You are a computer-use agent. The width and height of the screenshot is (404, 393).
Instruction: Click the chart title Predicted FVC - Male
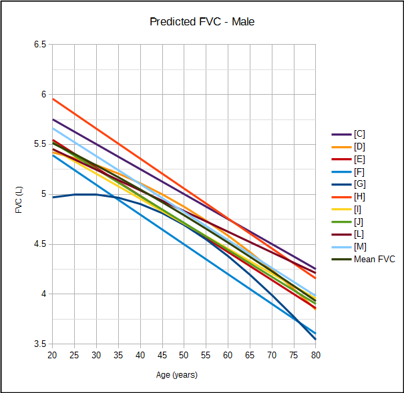coord(202,22)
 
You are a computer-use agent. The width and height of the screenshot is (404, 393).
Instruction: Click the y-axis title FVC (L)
coord(19,194)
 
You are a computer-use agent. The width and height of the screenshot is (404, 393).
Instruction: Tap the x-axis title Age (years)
coord(177,375)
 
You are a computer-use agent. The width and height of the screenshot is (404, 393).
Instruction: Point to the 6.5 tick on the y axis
coord(40,45)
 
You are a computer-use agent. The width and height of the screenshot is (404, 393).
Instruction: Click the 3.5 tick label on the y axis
coord(40,344)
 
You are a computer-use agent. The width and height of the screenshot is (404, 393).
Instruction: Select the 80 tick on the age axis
coord(316,355)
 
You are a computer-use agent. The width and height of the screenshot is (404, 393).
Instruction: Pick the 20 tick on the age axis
coord(52,355)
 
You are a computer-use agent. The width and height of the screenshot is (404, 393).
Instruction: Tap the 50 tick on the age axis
coord(184,355)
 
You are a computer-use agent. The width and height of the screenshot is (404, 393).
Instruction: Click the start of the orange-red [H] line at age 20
coord(52,99)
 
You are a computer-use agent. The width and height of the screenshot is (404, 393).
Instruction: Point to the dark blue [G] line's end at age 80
coord(316,339)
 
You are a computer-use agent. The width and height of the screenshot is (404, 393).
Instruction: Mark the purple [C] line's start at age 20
coord(52,119)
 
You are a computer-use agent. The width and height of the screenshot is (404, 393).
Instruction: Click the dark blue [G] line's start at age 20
coord(52,198)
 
